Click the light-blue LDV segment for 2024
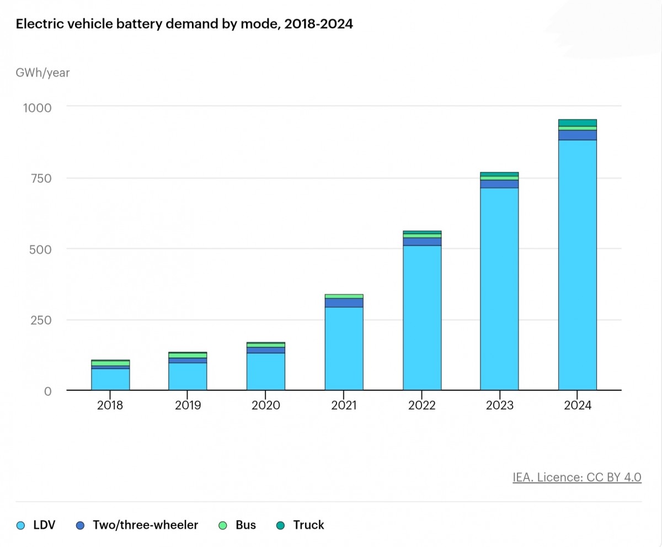click(577, 265)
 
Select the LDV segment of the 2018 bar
click(110, 379)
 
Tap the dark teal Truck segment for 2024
click(577, 123)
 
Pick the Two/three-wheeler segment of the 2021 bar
click(344, 302)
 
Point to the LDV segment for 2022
click(422, 318)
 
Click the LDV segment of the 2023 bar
click(499, 289)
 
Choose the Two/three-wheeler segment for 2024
click(577, 135)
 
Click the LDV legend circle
click(22, 525)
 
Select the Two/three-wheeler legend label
click(145, 525)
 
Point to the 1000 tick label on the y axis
click(36, 107)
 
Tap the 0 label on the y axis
click(47, 391)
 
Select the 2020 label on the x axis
click(266, 406)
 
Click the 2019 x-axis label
click(188, 406)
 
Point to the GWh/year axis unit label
click(42, 72)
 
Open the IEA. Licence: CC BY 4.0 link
click(577, 477)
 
